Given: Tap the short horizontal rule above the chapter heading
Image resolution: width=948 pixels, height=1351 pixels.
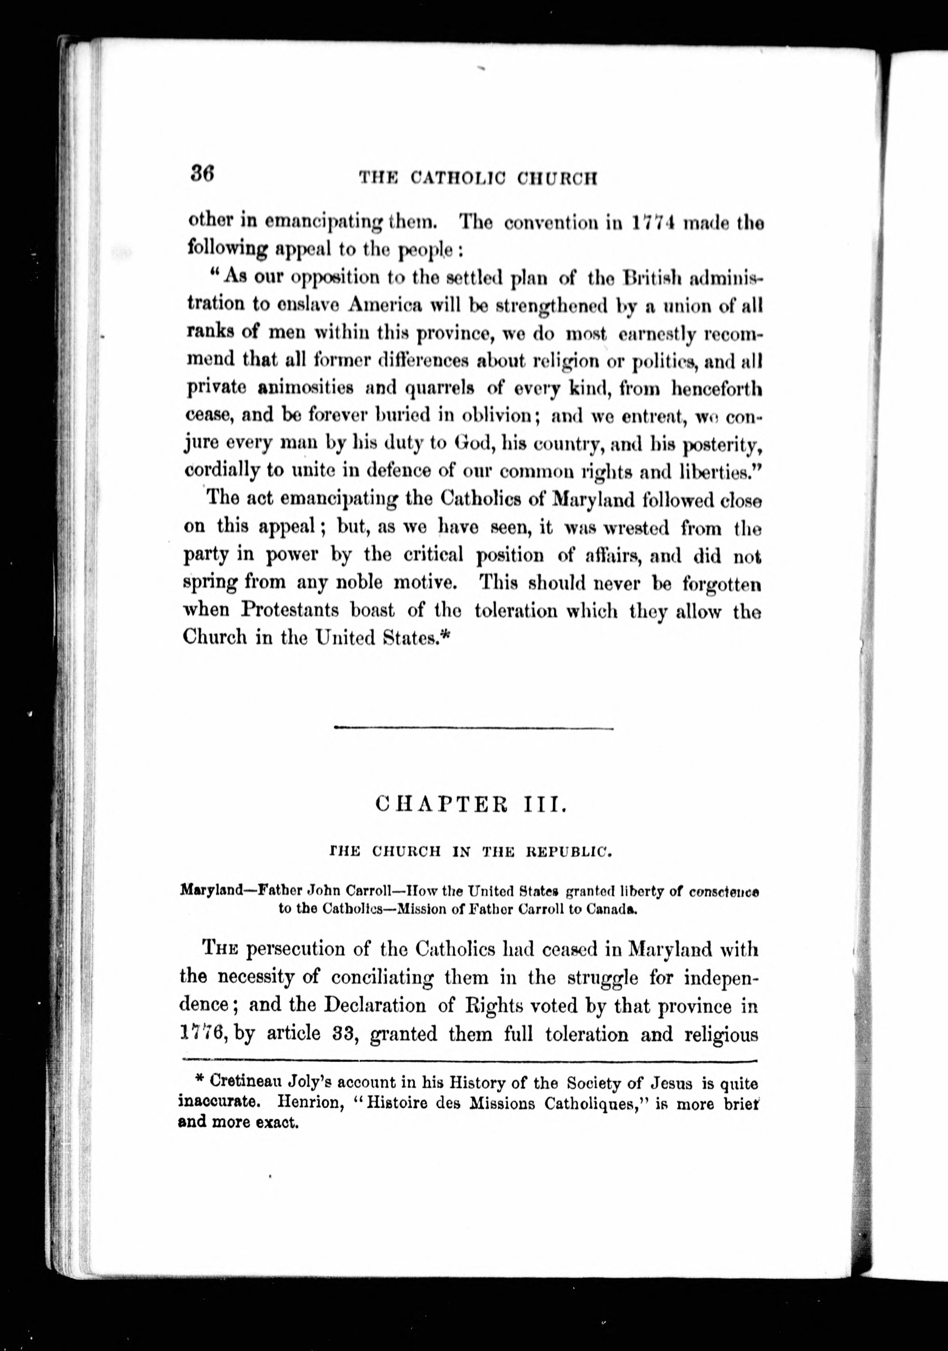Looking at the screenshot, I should [x=473, y=729].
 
